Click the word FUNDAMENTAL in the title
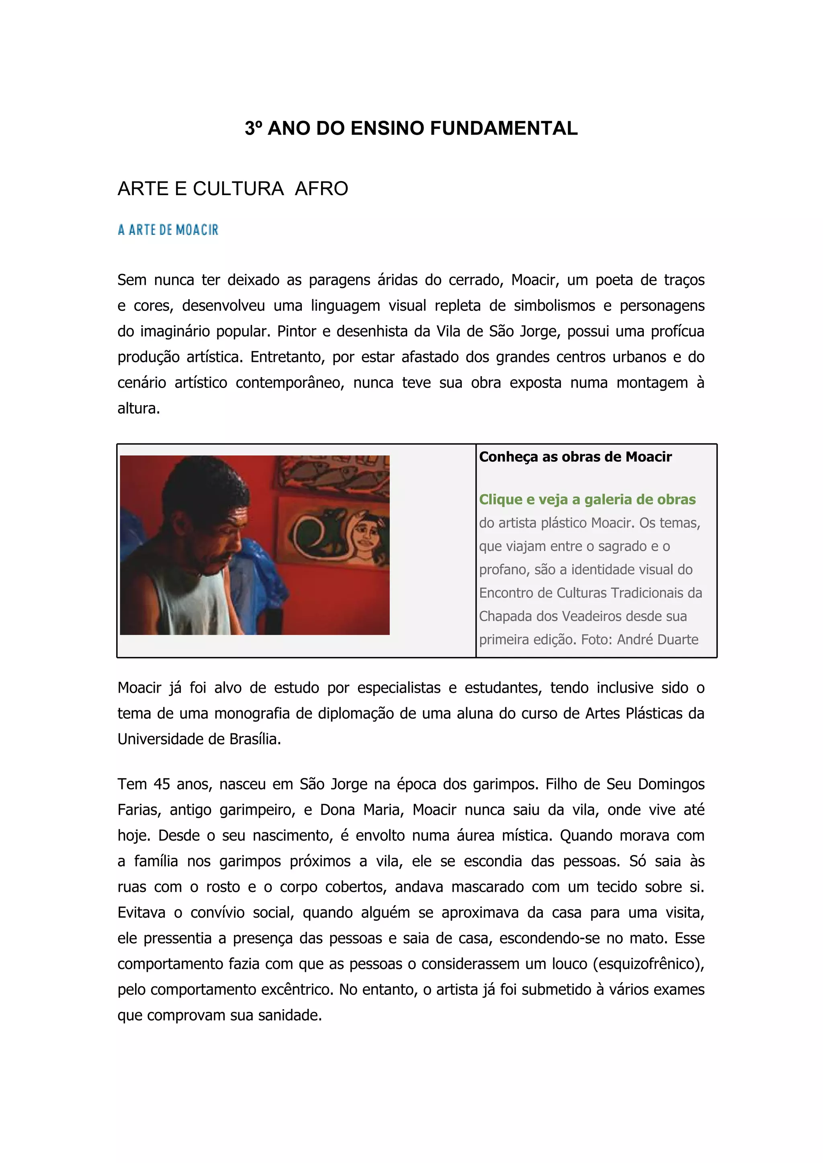[x=504, y=128]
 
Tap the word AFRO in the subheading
[x=321, y=188]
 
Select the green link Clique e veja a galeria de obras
[x=588, y=500]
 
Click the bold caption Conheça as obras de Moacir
[x=575, y=457]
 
